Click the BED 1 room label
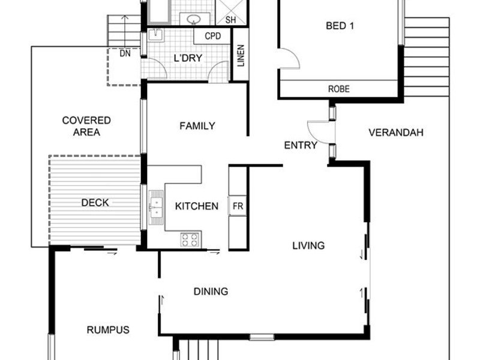[340, 26]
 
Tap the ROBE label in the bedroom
[338, 89]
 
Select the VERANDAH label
[396, 133]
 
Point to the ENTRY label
[301, 145]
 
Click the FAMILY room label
[197, 126]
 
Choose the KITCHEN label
[197, 206]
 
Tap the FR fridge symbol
[238, 206]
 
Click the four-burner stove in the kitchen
[190, 239]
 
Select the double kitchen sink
[156, 208]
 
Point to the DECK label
[95, 203]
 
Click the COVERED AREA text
[86, 126]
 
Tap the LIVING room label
[308, 245]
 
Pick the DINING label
[211, 292]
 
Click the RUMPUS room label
[108, 330]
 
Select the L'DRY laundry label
[188, 58]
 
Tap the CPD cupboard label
[213, 36]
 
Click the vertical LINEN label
[241, 56]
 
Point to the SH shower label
[230, 20]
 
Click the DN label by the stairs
[125, 53]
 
